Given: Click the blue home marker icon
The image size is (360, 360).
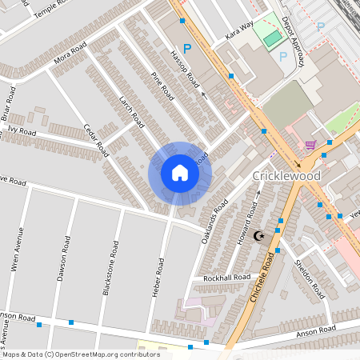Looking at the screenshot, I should point(180,173).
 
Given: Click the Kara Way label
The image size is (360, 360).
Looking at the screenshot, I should point(239,31).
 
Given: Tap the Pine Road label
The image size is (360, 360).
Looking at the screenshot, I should point(162,86).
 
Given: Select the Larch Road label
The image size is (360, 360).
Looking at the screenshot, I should point(130,113).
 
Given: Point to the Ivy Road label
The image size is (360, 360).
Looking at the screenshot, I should point(22,129).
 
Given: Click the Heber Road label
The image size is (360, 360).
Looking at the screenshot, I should point(158,277).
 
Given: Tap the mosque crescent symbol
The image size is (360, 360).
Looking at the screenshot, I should point(258,236).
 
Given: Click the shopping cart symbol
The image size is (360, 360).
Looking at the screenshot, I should point(310,145).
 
